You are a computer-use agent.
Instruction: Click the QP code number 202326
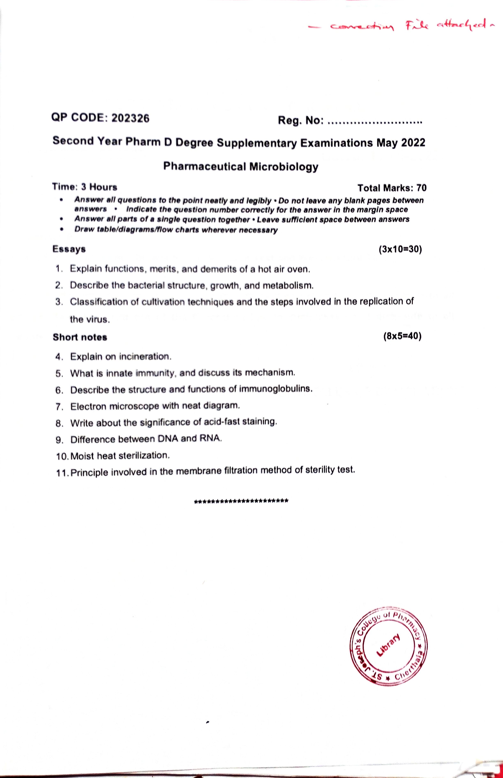130,118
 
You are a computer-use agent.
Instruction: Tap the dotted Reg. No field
375,123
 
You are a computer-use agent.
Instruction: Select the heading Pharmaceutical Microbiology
241,167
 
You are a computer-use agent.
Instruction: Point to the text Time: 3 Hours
85,187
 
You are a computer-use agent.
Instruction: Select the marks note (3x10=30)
400,249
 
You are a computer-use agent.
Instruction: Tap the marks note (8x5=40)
402,336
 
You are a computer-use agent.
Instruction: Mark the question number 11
63,473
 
